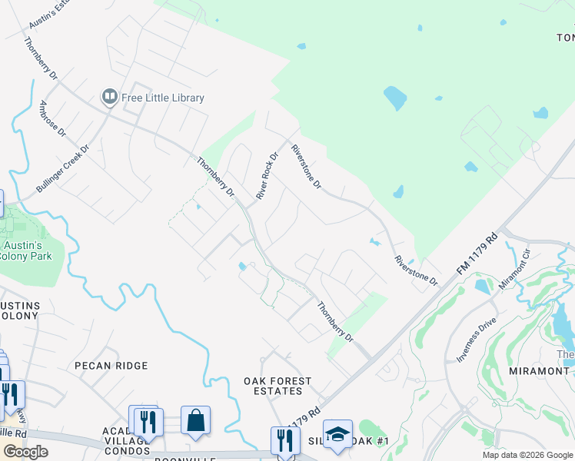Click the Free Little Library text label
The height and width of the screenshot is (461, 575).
point(163,98)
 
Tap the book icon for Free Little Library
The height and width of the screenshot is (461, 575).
point(109,97)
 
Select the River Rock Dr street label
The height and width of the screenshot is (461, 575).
point(266,176)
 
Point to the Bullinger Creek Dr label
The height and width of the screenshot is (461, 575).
point(63,168)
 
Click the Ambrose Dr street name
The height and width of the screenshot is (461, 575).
point(53,119)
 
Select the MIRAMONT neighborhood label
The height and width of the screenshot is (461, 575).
point(537,370)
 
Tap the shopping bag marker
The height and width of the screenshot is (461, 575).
point(195,421)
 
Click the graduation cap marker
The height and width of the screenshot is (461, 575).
point(337,434)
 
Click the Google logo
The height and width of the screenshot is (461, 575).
point(25,451)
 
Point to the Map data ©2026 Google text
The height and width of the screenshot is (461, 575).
point(527,455)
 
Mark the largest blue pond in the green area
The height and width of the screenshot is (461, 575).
point(394,98)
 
